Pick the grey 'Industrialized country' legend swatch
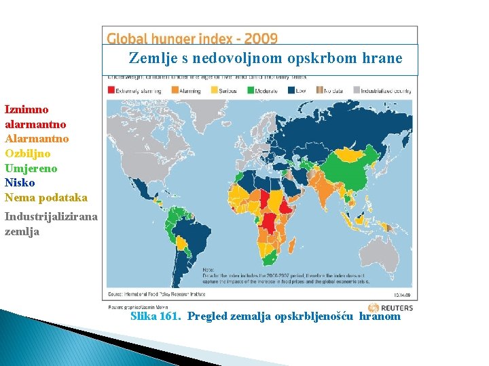(356, 89)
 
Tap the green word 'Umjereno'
(31, 168)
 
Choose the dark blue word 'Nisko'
(20, 183)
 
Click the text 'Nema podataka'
(46, 198)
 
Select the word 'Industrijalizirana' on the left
(51, 217)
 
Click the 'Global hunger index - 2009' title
(192, 39)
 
